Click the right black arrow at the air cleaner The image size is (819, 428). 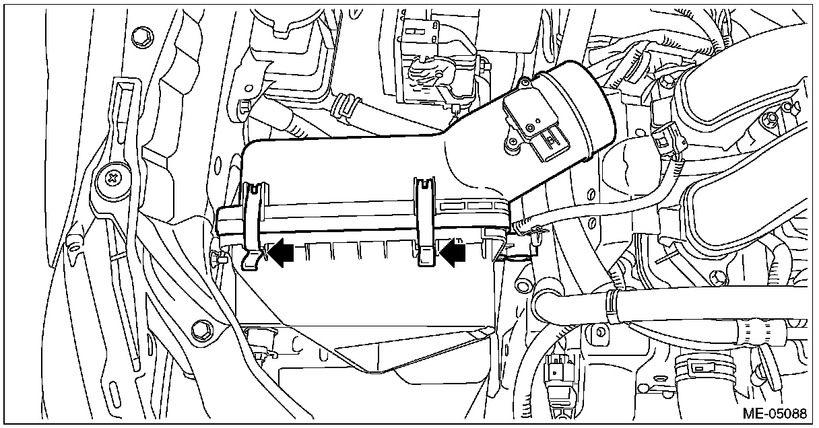[455, 252]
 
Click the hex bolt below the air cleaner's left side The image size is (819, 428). [200, 328]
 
